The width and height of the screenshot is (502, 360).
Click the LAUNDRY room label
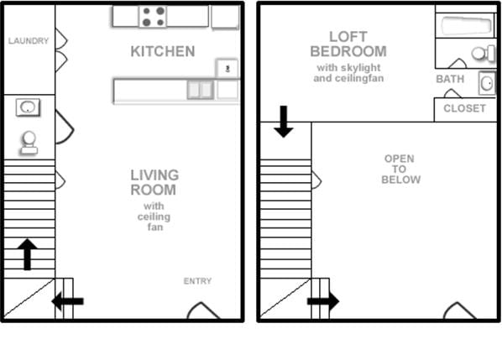point(29,40)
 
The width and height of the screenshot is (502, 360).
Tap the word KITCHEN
point(162,52)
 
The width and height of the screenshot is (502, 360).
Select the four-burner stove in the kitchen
point(153,16)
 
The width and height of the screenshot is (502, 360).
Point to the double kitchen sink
point(200,90)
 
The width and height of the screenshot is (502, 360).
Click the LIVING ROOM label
point(154,182)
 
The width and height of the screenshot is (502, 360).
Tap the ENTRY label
point(197,281)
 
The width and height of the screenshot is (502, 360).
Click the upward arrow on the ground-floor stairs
point(27,253)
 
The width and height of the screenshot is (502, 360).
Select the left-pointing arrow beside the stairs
point(67,301)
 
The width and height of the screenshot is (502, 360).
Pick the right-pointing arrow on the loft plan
point(323,301)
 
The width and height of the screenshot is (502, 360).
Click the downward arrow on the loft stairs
point(284,122)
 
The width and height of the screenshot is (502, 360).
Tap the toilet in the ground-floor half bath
point(29,143)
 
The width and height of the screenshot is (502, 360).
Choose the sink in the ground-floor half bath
point(29,107)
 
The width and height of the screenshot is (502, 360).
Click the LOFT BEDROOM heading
point(348,44)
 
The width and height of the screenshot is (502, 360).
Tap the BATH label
point(450,79)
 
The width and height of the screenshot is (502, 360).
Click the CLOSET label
point(464,109)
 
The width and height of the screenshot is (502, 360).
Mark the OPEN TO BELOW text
point(400,169)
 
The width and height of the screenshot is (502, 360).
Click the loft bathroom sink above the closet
point(487,83)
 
